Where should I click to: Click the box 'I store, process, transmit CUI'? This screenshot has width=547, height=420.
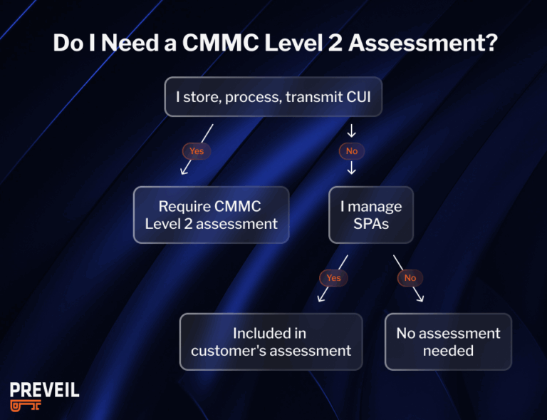(x=273, y=96)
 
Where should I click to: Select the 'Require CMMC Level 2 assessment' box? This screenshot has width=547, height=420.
(x=211, y=215)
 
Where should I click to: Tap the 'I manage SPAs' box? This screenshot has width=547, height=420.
(x=370, y=215)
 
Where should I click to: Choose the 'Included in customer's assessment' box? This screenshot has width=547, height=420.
(x=271, y=342)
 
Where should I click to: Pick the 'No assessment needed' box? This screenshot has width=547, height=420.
(x=448, y=342)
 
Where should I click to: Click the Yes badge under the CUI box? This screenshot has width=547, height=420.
(x=197, y=151)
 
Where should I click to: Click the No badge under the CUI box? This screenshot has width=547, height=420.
(x=352, y=151)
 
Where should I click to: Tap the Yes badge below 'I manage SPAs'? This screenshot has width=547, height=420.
(x=333, y=278)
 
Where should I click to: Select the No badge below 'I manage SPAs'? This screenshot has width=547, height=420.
(x=410, y=278)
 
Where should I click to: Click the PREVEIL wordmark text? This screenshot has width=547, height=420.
(x=44, y=390)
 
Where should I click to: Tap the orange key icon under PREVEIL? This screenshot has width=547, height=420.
(x=26, y=405)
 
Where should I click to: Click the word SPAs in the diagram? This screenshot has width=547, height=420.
(x=370, y=223)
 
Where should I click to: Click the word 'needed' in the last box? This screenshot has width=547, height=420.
(x=448, y=350)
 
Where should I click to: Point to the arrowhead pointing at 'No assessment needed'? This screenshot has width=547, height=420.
(x=420, y=298)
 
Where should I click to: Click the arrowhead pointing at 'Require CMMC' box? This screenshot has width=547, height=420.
(x=184, y=171)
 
